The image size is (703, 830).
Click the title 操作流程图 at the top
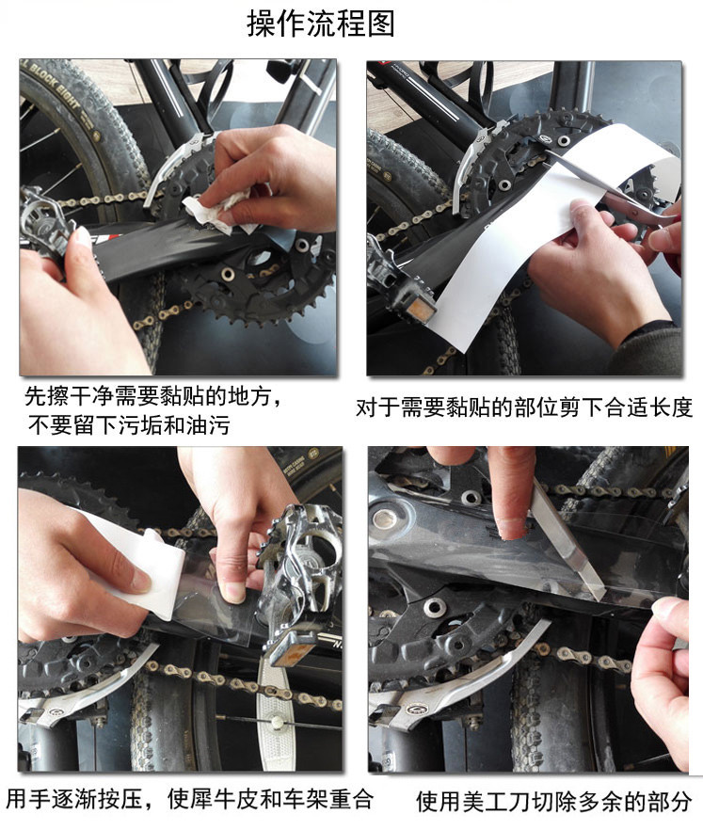[321, 24]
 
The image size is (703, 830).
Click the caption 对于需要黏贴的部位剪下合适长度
[523, 407]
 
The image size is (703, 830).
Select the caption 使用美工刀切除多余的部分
[553, 801]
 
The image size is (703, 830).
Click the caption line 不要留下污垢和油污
[129, 425]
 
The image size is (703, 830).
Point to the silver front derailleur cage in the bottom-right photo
[460, 683]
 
